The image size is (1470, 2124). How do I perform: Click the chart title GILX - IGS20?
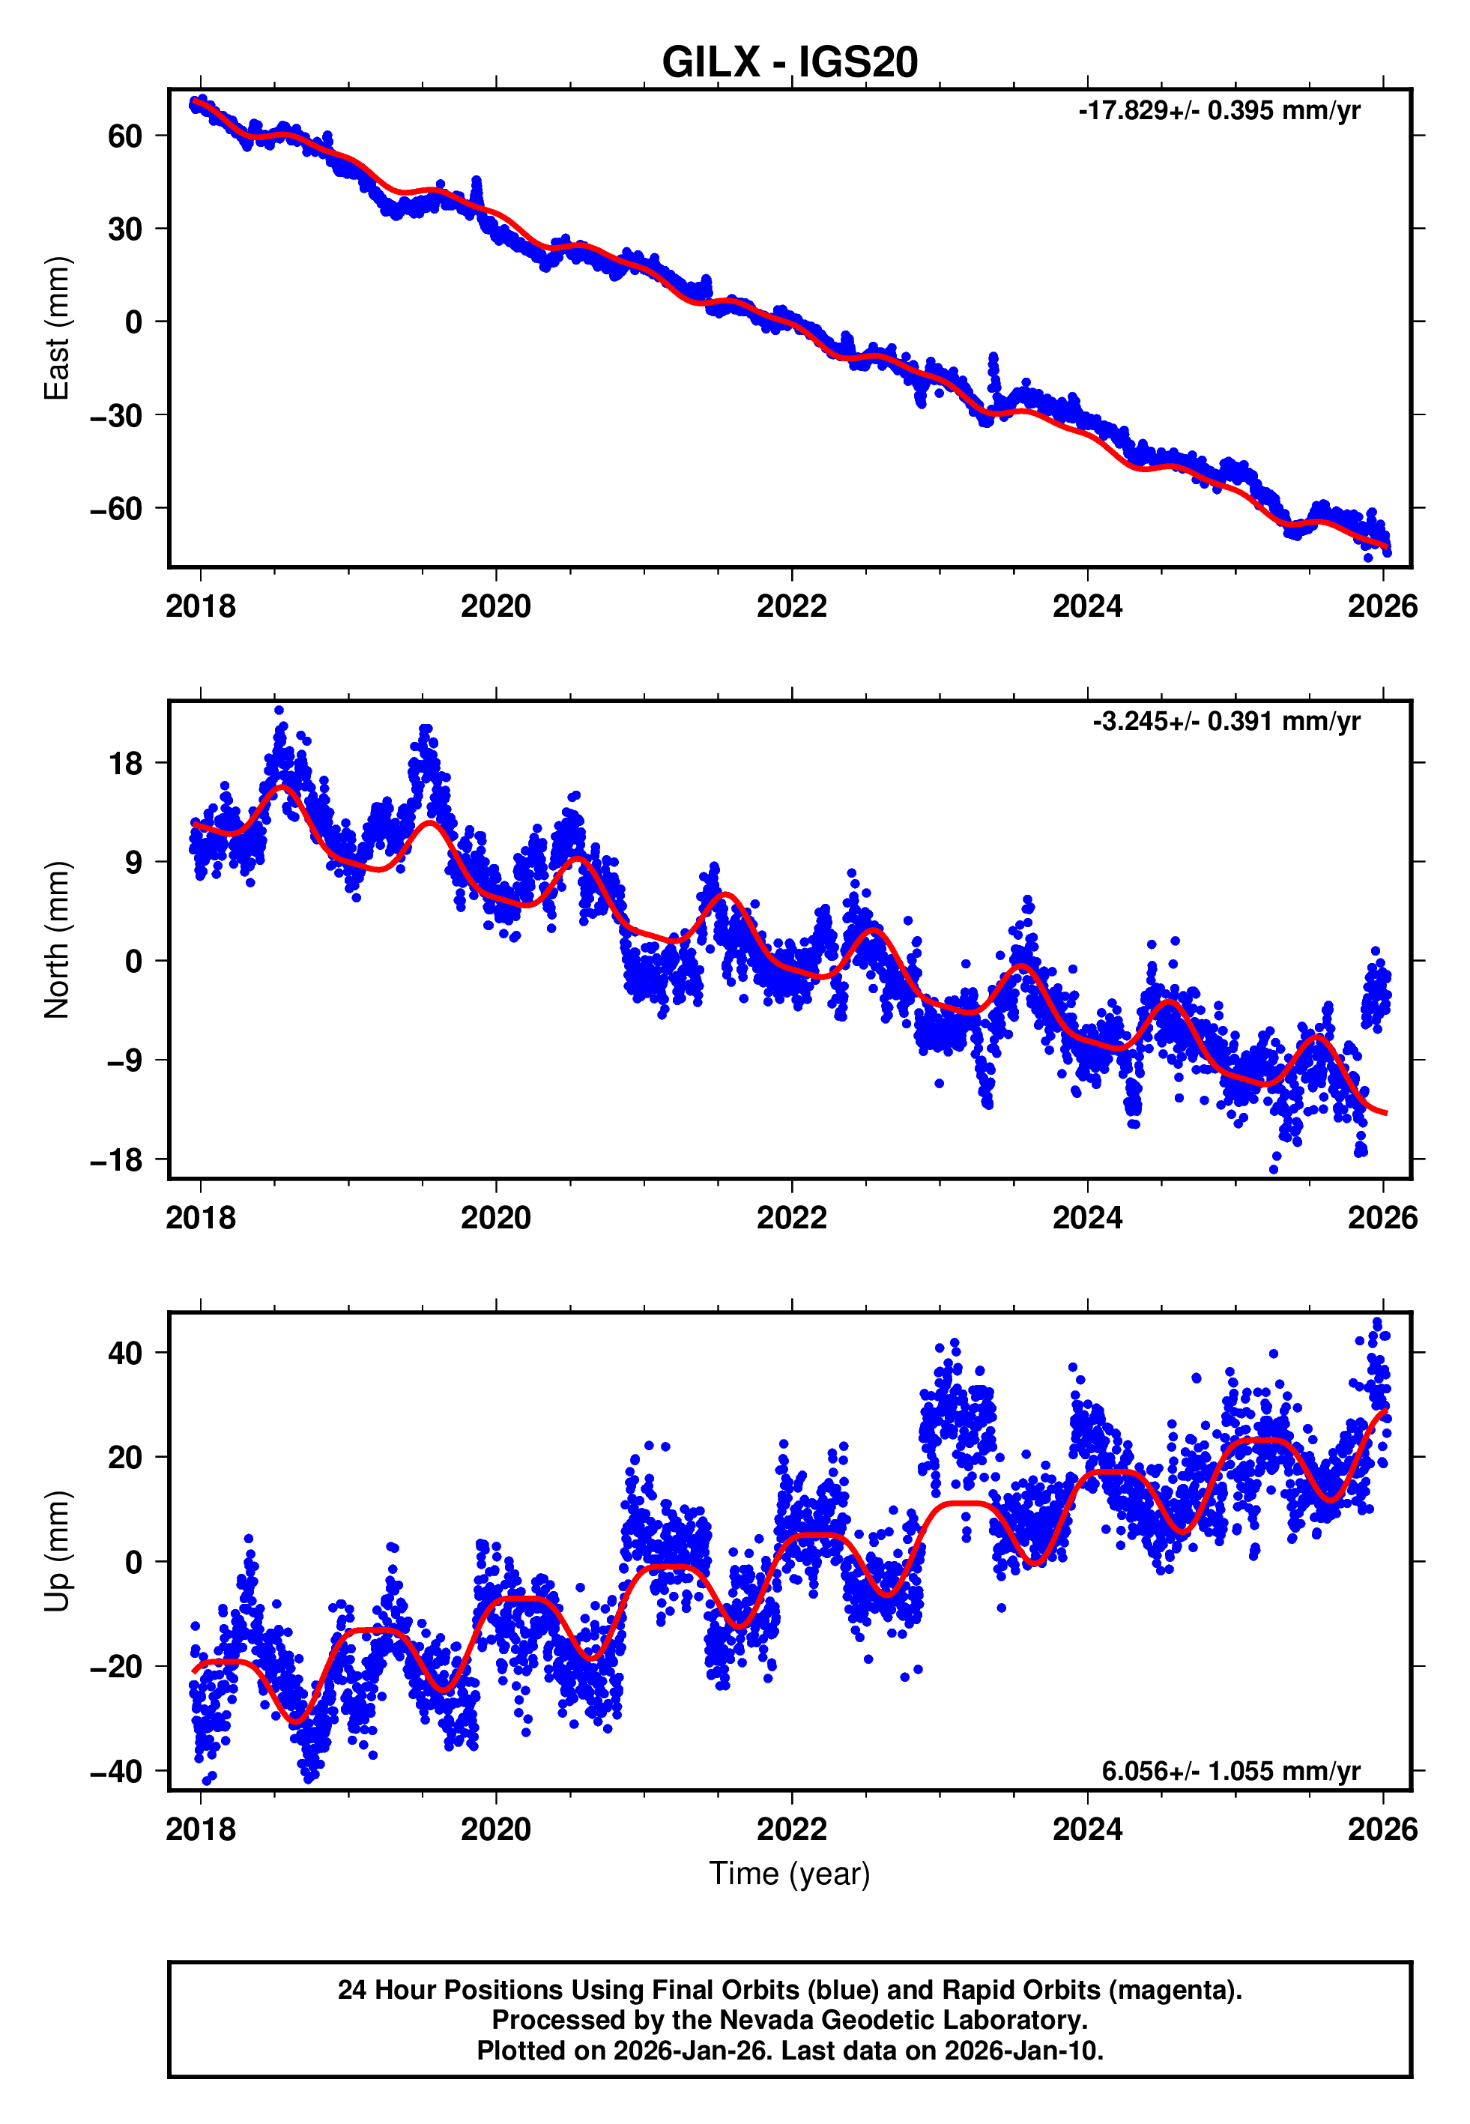click(x=790, y=63)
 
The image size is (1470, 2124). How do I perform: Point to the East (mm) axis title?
click(x=57, y=328)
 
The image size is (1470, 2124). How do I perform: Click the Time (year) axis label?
click(x=790, y=1874)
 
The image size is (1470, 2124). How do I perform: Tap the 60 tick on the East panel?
click(x=124, y=136)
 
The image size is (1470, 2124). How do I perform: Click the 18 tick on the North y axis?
click(x=125, y=764)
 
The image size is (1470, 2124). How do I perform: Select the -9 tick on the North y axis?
click(x=124, y=1061)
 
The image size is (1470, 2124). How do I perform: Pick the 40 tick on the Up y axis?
click(x=124, y=1353)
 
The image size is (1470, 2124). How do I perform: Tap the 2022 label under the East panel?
click(x=791, y=606)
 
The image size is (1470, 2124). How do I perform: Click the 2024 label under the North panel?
click(x=1087, y=1218)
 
